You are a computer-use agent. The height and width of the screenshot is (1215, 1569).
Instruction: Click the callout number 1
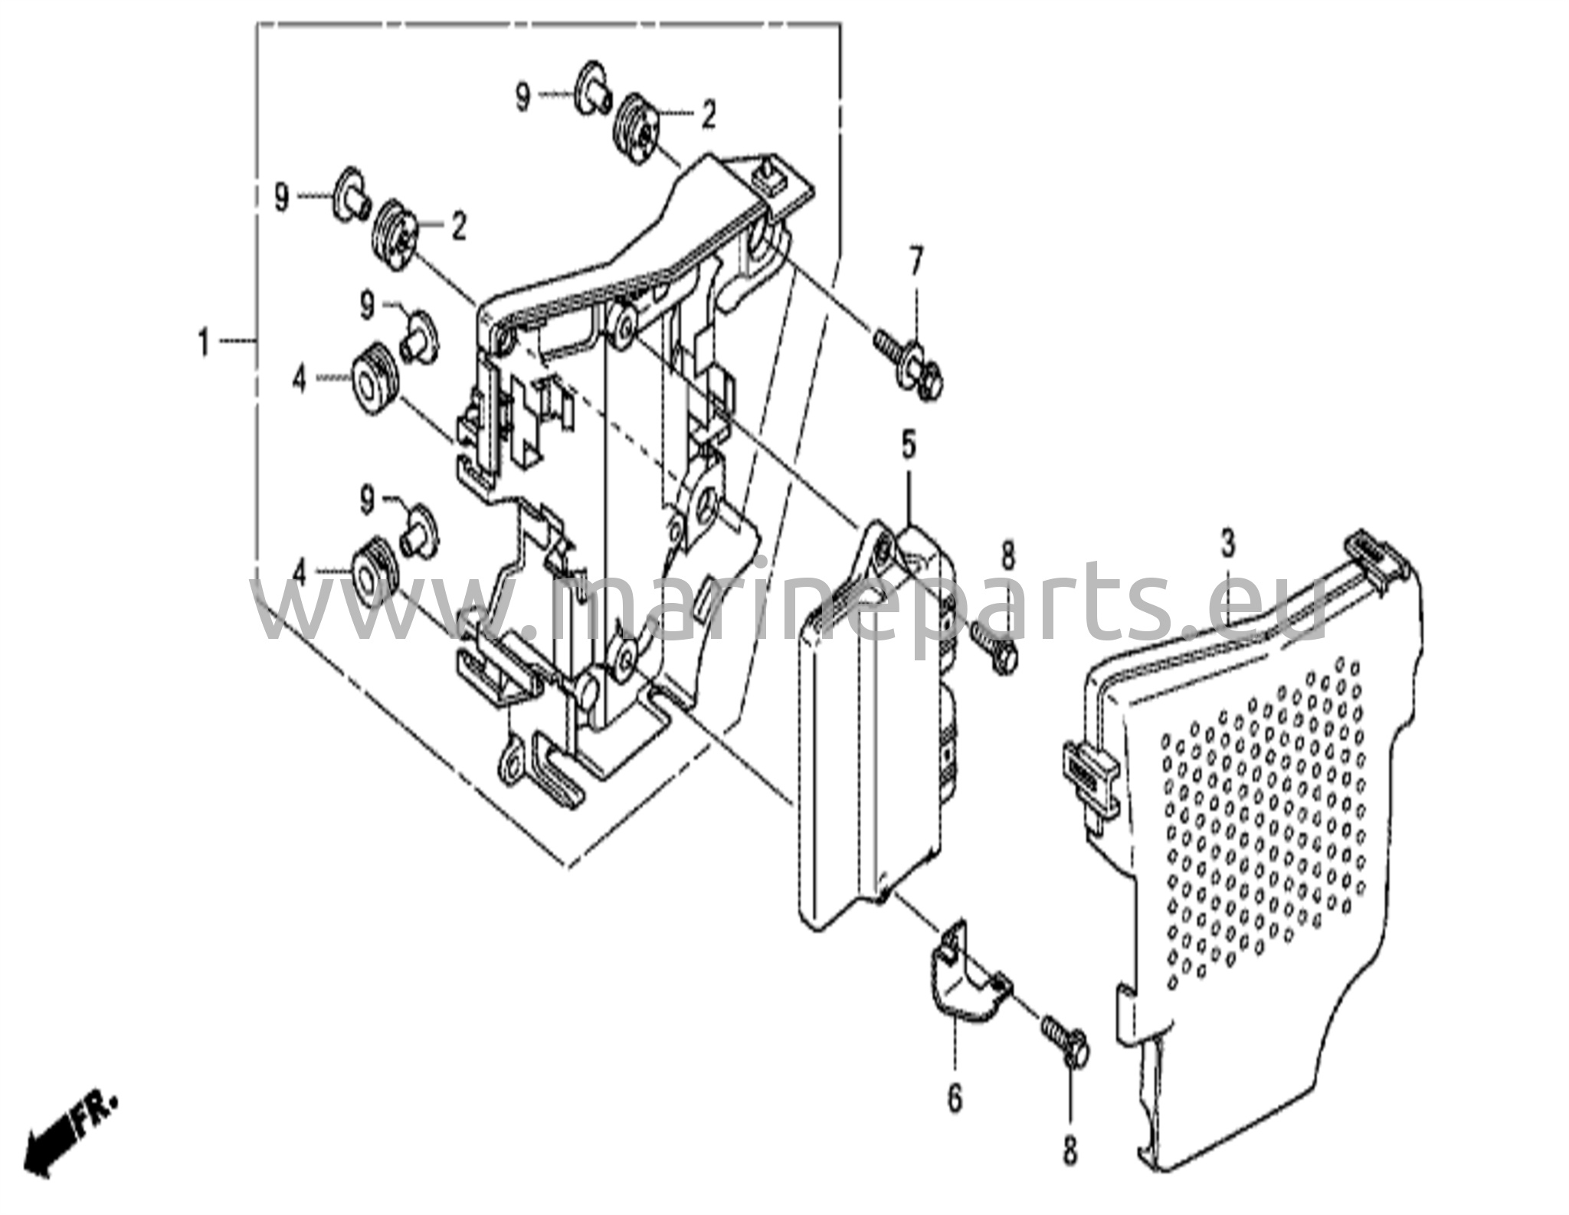click(x=203, y=342)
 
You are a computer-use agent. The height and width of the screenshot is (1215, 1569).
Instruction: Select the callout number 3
click(x=1228, y=545)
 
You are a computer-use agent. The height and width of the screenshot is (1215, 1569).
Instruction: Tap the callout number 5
click(x=909, y=444)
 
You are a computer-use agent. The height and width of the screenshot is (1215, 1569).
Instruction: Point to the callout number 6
click(x=955, y=1100)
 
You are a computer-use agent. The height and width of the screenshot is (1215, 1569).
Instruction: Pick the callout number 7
click(x=917, y=262)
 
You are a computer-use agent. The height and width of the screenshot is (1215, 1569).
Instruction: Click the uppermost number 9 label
click(x=522, y=98)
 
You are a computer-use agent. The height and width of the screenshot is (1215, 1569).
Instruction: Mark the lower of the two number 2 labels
click(x=458, y=226)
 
